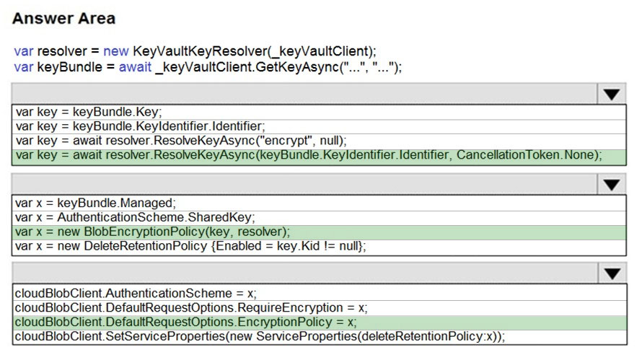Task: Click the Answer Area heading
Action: tap(64, 19)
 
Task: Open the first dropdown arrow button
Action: tap(611, 95)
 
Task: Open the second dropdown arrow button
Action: tap(611, 185)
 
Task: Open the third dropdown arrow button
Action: tap(612, 273)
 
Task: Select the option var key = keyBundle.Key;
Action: tap(89, 112)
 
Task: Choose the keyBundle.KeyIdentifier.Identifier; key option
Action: tap(141, 126)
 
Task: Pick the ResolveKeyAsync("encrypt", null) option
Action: tap(181, 141)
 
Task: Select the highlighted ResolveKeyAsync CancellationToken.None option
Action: tap(309, 155)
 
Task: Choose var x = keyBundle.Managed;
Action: tap(95, 203)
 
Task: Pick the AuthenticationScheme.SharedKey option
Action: tap(135, 217)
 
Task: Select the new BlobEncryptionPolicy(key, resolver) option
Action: tap(152, 232)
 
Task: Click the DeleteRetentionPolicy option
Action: tap(190, 246)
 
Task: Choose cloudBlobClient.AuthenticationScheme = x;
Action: tap(136, 293)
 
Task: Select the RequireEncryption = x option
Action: tap(191, 307)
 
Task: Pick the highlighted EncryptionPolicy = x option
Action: tap(185, 322)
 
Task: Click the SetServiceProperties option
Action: tap(260, 336)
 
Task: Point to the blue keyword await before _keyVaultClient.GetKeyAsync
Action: tap(135, 67)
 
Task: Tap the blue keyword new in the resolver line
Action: tap(116, 51)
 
